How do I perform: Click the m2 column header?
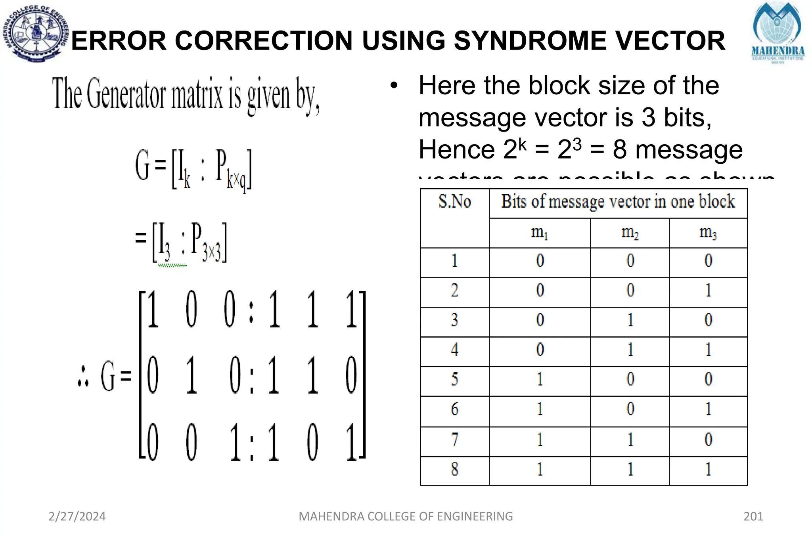630,232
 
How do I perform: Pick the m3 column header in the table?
708,232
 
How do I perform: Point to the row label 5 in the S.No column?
454,379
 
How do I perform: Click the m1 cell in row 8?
540,469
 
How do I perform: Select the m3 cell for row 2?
708,291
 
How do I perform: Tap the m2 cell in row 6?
630,409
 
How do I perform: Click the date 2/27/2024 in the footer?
77,516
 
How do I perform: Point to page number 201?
753,516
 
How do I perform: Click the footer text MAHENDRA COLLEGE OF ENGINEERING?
406,516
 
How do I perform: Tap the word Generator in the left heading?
125,94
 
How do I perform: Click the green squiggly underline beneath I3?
172,266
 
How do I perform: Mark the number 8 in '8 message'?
619,150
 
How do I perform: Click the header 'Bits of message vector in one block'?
618,202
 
